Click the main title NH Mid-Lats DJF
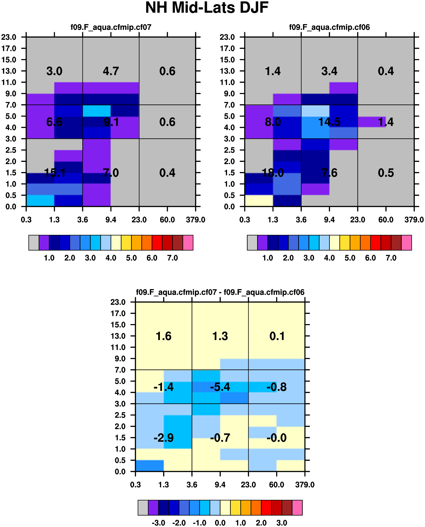[207, 8]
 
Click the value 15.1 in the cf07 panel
[55, 173]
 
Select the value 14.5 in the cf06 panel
[329, 122]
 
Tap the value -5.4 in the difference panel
[220, 387]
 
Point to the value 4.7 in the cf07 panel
[111, 71]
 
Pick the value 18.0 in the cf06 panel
[273, 173]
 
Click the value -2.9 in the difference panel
[164, 438]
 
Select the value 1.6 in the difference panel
[164, 336]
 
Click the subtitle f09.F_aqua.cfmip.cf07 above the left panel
[111, 27]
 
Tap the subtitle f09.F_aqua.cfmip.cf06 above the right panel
[329, 27]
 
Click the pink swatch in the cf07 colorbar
[188, 243]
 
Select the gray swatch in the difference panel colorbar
[143, 507]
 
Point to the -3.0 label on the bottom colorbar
[158, 523]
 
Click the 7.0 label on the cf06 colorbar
[391, 258]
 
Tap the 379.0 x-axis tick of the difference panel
[305, 485]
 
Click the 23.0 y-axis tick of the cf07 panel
[9, 37]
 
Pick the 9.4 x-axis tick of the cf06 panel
[329, 220]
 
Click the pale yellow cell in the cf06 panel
[259, 200]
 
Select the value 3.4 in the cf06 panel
[329, 71]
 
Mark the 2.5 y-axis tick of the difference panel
[120, 415]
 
